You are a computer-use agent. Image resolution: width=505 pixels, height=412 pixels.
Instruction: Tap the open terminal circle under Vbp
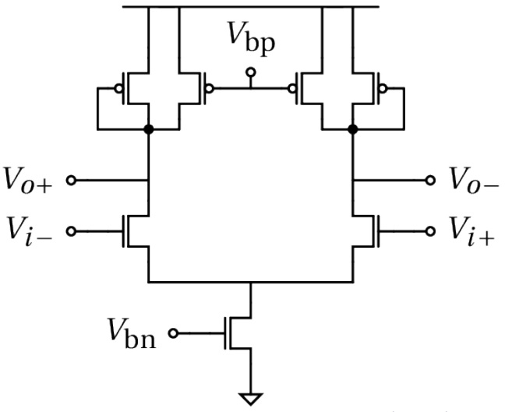click(x=251, y=72)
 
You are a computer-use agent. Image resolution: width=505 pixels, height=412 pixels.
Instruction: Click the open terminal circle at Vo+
click(x=71, y=180)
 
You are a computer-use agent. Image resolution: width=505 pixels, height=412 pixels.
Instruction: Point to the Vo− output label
click(x=474, y=181)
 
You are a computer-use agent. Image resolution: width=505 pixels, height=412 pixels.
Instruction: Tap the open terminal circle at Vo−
click(x=430, y=180)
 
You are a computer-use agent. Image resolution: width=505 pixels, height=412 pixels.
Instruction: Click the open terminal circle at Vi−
click(x=71, y=231)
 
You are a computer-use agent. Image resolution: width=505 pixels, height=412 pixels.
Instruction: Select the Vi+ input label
click(x=472, y=232)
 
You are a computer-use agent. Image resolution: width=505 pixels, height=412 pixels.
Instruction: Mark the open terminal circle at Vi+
click(x=430, y=231)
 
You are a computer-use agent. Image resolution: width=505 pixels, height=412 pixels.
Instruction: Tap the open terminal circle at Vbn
click(x=173, y=333)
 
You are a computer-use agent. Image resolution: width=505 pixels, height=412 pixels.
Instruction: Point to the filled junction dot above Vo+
click(x=149, y=129)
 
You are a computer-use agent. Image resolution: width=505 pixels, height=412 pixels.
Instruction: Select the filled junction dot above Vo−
click(x=353, y=129)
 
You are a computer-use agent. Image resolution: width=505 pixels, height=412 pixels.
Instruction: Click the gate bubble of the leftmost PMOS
click(x=118, y=88)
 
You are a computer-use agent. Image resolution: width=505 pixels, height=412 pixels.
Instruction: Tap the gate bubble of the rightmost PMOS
click(x=383, y=88)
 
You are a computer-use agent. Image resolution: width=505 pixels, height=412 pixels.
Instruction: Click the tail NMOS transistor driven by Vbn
click(x=238, y=333)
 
